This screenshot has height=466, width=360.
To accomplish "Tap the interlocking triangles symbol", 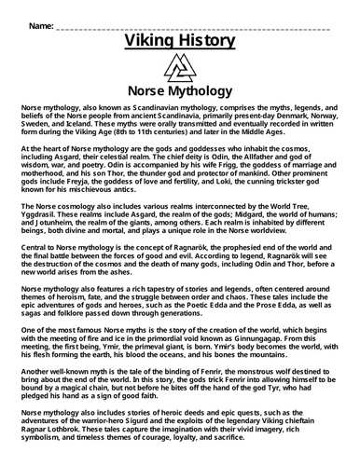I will [x=179, y=71].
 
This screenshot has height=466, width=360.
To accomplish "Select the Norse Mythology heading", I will [x=179, y=94].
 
